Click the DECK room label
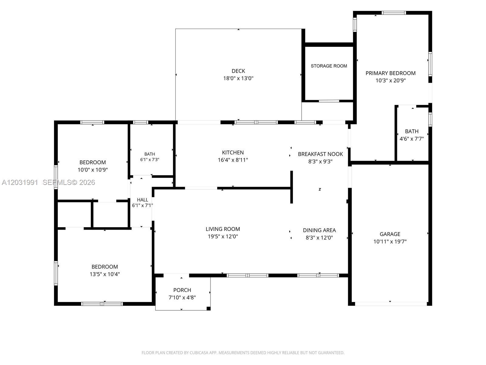click(238, 71)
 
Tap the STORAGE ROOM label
click(329, 66)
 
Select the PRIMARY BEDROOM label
click(390, 73)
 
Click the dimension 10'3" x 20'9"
click(390, 80)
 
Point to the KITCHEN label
click(233, 152)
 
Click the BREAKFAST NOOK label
click(320, 154)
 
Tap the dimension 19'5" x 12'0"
click(223, 236)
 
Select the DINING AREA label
click(319, 230)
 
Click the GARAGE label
click(390, 234)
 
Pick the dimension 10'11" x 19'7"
click(390, 242)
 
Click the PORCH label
click(182, 290)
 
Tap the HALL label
click(142, 200)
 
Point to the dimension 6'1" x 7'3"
click(149, 160)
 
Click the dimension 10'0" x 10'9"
click(93, 170)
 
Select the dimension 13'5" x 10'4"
click(104, 274)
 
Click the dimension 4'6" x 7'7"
click(411, 139)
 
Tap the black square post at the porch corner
click(208, 308)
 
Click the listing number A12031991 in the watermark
click(20, 182)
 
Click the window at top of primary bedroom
click(394, 13)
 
